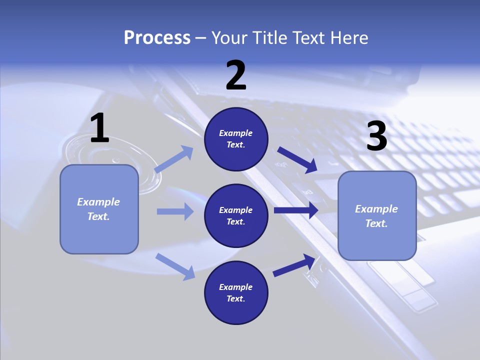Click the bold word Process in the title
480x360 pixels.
(x=157, y=37)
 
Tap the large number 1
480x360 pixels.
(x=99, y=128)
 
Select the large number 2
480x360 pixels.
(x=236, y=75)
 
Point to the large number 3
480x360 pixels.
(x=376, y=136)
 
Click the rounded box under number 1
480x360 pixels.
(x=99, y=209)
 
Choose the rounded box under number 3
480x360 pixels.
(x=377, y=215)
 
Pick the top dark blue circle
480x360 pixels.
(x=236, y=139)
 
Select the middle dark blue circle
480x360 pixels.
(x=236, y=215)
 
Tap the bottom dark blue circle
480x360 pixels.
(x=236, y=292)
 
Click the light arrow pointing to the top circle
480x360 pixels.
(x=174, y=159)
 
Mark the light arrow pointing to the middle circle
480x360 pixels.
(x=175, y=211)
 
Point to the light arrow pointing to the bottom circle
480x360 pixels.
(x=175, y=266)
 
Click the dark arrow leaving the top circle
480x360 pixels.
(x=297, y=159)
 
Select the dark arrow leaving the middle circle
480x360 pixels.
(x=295, y=210)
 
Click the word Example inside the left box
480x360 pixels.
(x=98, y=202)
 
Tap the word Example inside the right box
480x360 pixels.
(x=376, y=209)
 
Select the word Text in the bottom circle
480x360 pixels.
(x=235, y=298)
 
